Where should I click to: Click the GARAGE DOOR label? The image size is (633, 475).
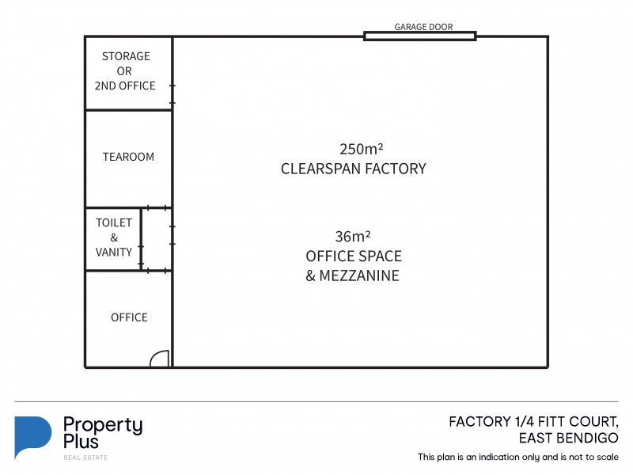[x=423, y=26]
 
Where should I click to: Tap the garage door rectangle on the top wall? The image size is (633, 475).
[x=419, y=36]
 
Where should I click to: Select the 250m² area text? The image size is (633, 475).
[x=361, y=149]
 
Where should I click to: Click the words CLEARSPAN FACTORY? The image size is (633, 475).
[x=353, y=169]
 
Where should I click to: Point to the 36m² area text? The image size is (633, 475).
[x=353, y=236]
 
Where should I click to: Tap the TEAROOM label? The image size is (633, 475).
[x=128, y=157]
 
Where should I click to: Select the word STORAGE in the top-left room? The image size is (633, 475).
[x=126, y=56]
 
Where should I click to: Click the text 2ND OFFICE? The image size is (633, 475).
[x=125, y=85]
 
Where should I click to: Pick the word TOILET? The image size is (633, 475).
[x=114, y=223]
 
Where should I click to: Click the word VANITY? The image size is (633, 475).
[x=114, y=253]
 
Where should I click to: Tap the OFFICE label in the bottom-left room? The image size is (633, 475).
[x=129, y=317]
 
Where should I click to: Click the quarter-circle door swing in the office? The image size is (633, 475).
[x=159, y=359]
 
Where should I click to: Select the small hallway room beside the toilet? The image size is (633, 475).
[x=157, y=239]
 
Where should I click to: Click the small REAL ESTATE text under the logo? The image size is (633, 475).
[x=85, y=458]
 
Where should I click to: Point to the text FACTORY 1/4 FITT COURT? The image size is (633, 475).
[x=533, y=421]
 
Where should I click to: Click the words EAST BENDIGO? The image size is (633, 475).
[x=567, y=438]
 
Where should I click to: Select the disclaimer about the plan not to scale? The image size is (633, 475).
[x=518, y=458]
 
